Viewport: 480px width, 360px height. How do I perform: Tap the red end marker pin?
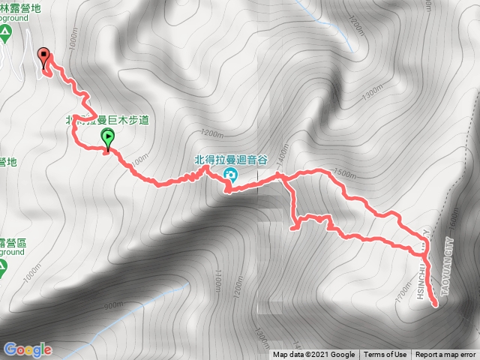44,57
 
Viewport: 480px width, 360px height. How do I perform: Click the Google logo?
28,349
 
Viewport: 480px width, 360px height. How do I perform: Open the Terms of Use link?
385,355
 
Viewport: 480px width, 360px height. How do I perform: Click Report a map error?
445,355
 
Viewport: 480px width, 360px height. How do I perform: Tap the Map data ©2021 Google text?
313,355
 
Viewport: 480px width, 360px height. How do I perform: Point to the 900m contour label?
112,306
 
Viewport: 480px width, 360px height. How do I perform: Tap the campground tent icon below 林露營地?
6,33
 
